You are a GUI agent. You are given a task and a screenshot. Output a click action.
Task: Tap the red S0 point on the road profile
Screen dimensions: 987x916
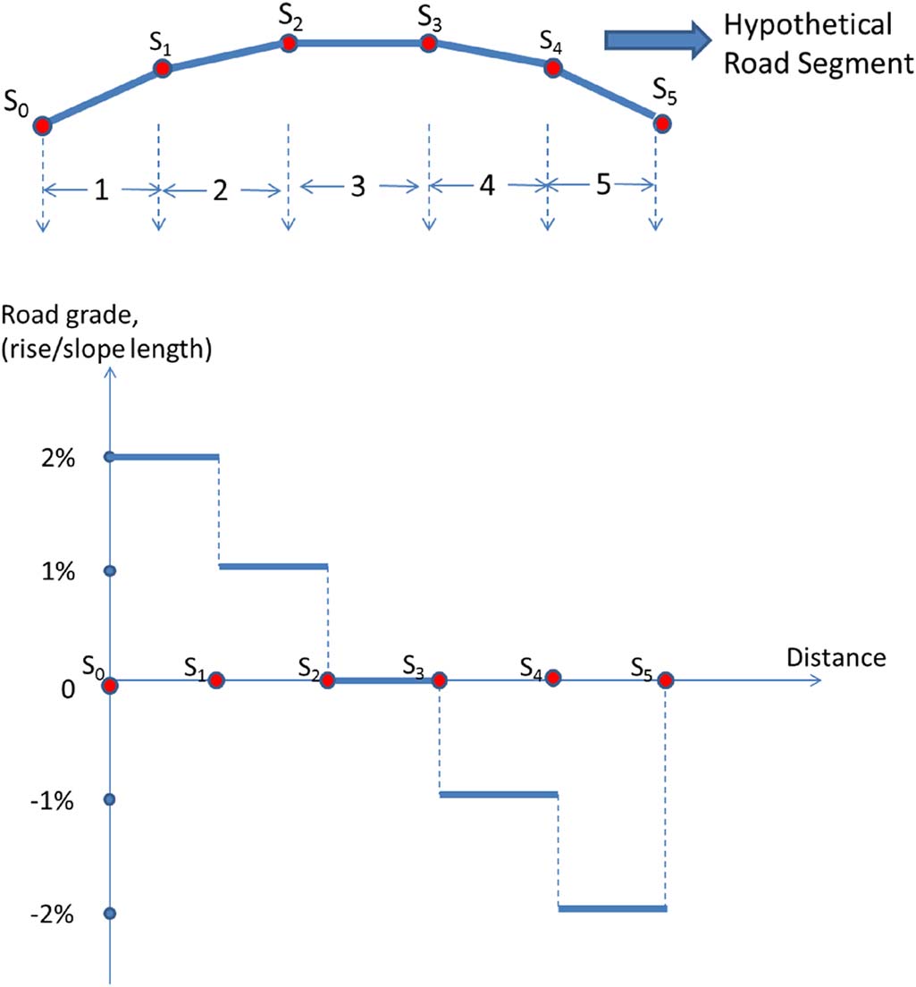(x=42, y=126)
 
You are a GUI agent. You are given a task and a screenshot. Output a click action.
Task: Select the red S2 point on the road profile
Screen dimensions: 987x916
(x=288, y=43)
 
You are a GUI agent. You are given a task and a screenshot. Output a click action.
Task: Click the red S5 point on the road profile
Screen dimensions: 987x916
(x=661, y=123)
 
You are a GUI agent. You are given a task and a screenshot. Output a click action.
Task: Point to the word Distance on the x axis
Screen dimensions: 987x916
(x=836, y=658)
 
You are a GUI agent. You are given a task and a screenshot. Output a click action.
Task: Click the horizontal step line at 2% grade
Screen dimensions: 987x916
(x=164, y=457)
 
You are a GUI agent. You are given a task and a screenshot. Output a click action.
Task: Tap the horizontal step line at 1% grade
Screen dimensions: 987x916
(x=273, y=566)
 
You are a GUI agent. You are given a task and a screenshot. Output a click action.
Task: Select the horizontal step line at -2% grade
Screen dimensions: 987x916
(x=612, y=908)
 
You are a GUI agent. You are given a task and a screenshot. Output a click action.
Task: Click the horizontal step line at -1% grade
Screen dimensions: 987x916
(x=499, y=794)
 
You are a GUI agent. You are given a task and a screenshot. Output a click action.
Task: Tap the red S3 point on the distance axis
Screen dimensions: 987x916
(x=439, y=680)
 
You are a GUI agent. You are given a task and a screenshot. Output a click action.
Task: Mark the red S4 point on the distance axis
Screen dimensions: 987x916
(x=553, y=678)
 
